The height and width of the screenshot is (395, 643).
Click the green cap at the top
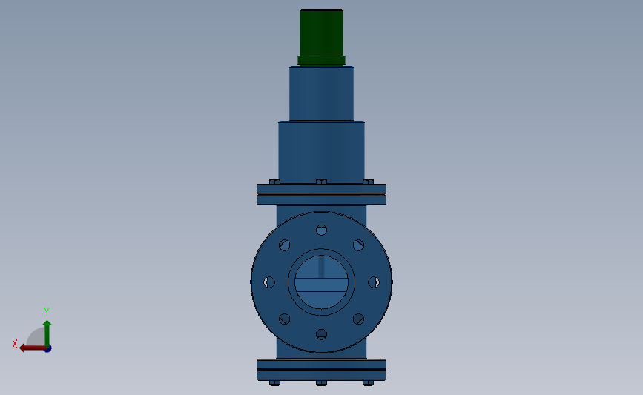point(321,32)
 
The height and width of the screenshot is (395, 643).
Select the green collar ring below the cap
point(321,61)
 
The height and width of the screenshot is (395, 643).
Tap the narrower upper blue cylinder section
point(321,93)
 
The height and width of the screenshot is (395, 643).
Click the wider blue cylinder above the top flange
point(321,150)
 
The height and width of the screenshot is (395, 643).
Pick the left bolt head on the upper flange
point(274,182)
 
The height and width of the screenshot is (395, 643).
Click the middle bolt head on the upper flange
point(321,182)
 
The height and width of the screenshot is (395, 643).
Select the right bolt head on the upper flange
point(368,182)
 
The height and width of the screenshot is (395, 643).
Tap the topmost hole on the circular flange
point(321,229)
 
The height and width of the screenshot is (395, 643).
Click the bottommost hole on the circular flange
point(321,334)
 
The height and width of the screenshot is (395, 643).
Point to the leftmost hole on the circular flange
point(269,282)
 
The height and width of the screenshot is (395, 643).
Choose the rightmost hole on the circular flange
point(374,282)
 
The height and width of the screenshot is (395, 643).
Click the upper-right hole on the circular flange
point(358,245)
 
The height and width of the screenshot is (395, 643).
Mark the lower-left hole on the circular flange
point(284,319)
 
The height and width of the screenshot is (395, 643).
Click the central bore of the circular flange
point(321,282)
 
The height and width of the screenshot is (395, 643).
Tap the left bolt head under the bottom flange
point(274,383)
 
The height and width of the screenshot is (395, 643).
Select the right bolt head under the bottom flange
point(368,383)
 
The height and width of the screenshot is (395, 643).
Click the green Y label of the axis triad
point(46,312)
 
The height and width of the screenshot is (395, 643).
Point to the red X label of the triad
point(15,344)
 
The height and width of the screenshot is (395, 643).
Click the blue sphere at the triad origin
point(47,348)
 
